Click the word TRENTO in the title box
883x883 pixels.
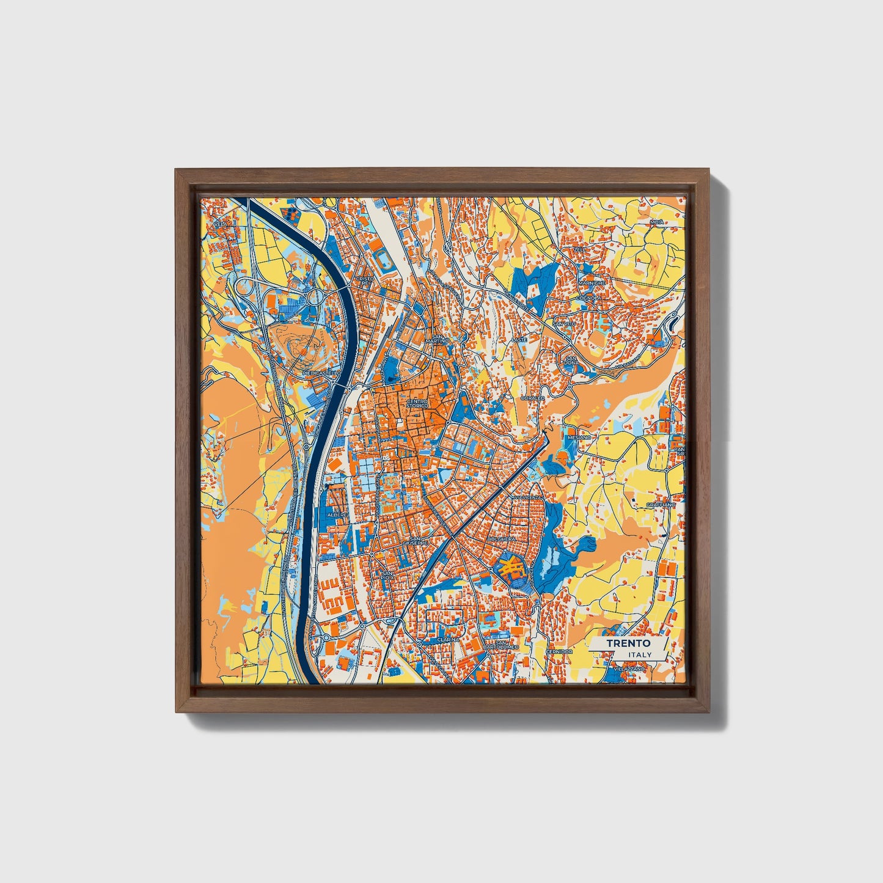628,643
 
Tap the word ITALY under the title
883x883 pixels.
639,655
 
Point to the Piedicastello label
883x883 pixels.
321,372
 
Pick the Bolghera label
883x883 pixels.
503,540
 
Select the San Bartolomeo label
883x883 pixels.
501,645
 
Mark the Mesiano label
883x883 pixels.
579,438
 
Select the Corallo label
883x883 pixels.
532,398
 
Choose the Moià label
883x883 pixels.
656,222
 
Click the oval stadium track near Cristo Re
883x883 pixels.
385,262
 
